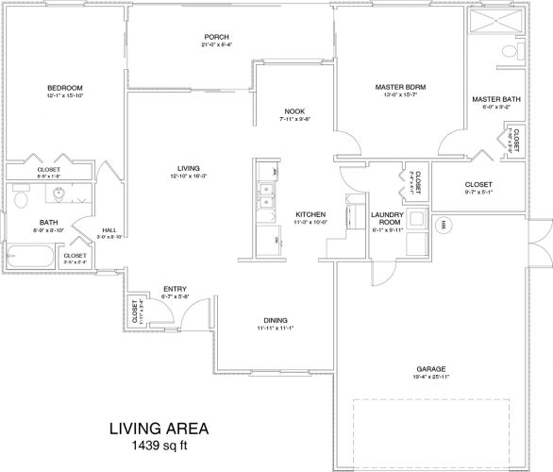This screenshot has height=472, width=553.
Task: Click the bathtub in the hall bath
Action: (x=32, y=255)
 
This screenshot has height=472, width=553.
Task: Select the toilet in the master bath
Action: (x=509, y=51)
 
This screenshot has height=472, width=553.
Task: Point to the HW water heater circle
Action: (x=441, y=223)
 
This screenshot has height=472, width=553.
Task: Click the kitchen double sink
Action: (x=266, y=199)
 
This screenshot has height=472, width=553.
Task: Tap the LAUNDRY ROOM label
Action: (x=388, y=219)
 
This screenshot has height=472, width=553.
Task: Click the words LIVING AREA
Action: (x=158, y=428)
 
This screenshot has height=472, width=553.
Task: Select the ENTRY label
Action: (x=175, y=289)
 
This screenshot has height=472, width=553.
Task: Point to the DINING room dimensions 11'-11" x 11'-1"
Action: (x=276, y=328)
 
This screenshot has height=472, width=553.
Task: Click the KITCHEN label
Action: (x=310, y=213)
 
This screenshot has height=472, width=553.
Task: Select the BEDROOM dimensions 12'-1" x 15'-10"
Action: (x=66, y=95)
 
